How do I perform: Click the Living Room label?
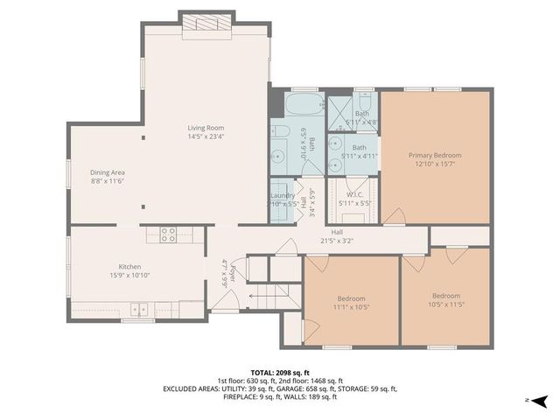pos(206,128)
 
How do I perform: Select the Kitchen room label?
pos(129,267)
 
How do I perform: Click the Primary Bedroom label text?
pos(435,155)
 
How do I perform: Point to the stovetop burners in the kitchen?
pos(169,234)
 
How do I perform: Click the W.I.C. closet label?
pos(354,194)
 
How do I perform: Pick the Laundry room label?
pos(282,195)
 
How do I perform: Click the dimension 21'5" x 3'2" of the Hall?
pos(336,240)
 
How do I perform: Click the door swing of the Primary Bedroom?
pos(395,213)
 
